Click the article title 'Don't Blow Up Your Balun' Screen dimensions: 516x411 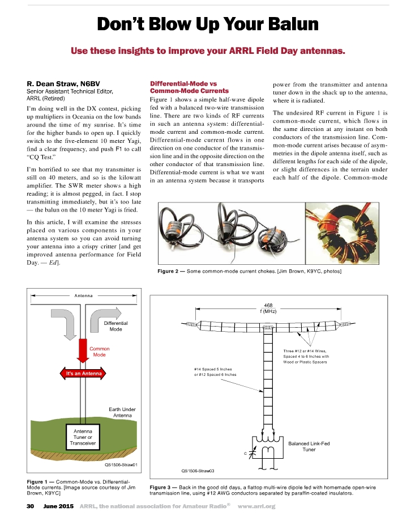pos(207,24)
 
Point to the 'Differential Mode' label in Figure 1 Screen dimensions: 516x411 pos(115,326)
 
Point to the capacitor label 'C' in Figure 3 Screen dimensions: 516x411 pos(245,454)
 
